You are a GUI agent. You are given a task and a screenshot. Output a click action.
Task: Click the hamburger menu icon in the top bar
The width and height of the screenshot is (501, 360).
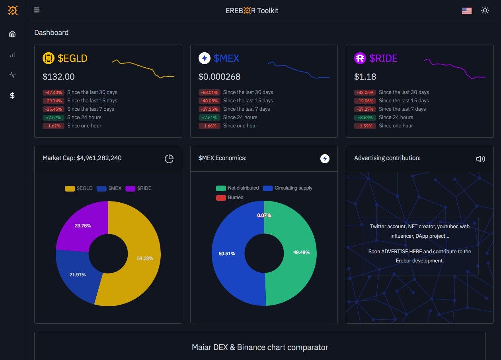[37, 10]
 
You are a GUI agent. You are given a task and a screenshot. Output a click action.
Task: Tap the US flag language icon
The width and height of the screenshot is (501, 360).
[466, 11]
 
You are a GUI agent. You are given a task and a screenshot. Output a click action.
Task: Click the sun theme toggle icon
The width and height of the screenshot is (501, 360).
[485, 11]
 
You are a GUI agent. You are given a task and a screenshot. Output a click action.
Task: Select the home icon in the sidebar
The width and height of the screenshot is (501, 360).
[12, 34]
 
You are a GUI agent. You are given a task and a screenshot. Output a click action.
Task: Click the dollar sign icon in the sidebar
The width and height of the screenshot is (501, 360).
[12, 96]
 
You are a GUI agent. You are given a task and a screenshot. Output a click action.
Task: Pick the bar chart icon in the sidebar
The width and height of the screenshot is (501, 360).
[12, 55]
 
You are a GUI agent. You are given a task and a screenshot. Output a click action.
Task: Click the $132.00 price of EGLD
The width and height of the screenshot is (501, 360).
[58, 76]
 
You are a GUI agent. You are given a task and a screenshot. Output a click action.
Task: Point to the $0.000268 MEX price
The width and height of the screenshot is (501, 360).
[219, 76]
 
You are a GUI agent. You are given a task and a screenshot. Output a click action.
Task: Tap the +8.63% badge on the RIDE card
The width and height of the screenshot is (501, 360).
[365, 117]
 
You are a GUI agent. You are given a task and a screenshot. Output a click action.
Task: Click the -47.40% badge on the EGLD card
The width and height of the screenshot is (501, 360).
[53, 92]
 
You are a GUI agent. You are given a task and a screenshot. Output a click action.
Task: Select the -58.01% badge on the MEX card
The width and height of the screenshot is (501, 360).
[209, 92]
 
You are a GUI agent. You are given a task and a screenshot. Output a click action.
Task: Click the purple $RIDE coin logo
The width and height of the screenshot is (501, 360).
[360, 59]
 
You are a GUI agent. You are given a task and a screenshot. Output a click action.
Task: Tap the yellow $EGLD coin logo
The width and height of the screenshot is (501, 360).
[48, 59]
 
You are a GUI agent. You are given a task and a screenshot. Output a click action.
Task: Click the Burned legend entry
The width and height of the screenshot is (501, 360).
[230, 198]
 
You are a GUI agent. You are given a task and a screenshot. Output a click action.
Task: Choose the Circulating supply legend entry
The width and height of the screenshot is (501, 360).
[288, 188]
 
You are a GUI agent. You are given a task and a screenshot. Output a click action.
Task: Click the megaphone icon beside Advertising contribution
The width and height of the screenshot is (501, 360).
[480, 159]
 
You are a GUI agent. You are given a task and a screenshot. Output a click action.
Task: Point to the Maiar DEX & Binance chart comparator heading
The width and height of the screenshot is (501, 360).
[260, 347]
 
